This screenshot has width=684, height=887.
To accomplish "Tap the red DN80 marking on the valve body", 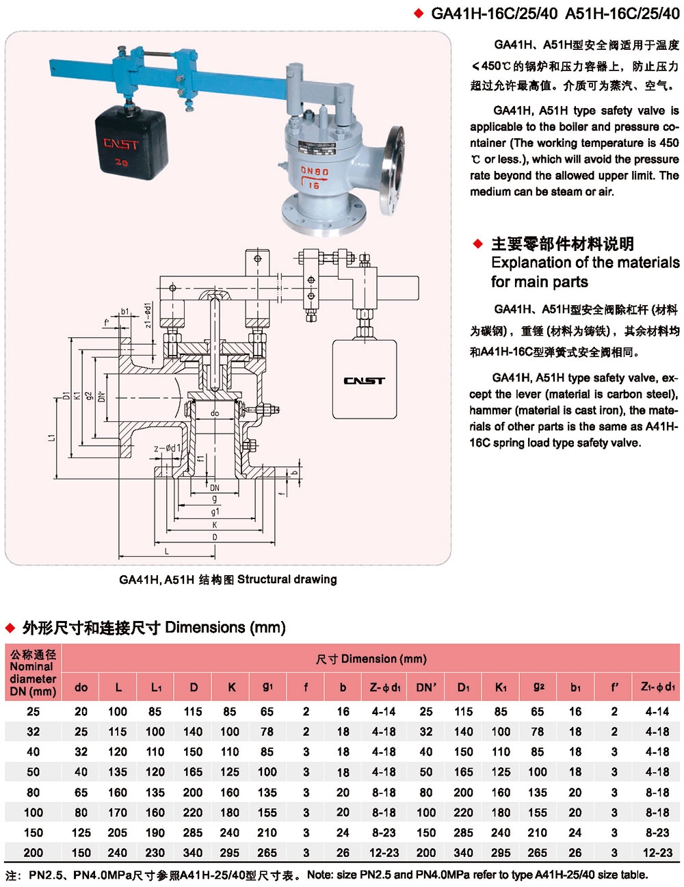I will [x=315, y=171].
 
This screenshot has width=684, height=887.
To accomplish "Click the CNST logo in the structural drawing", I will [x=364, y=381].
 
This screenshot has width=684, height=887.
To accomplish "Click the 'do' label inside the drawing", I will [x=215, y=413].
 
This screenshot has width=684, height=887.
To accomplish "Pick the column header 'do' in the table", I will [x=81, y=687].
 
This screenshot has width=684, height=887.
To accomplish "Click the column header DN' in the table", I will [x=426, y=687].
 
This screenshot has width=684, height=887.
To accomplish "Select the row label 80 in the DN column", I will [x=33, y=793].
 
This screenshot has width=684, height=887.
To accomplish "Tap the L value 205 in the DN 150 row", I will [x=118, y=833].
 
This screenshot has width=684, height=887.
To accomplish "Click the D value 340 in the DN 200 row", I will [x=193, y=853].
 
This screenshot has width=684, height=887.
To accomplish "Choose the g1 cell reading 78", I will [x=267, y=732].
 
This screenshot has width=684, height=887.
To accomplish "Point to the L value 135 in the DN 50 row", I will [x=118, y=772].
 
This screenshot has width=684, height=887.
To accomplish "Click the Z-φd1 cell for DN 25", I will [x=384, y=711].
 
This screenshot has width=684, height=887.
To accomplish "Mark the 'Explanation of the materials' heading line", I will [x=585, y=263].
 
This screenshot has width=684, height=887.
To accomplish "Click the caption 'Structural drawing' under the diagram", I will [x=287, y=579].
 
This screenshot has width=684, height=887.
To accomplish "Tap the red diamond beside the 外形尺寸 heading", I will [x=10, y=628].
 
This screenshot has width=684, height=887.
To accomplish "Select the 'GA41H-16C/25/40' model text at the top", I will [x=494, y=13].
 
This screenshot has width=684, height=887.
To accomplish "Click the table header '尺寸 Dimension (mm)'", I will [x=371, y=659].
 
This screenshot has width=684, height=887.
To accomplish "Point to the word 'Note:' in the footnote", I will [x=321, y=875].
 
